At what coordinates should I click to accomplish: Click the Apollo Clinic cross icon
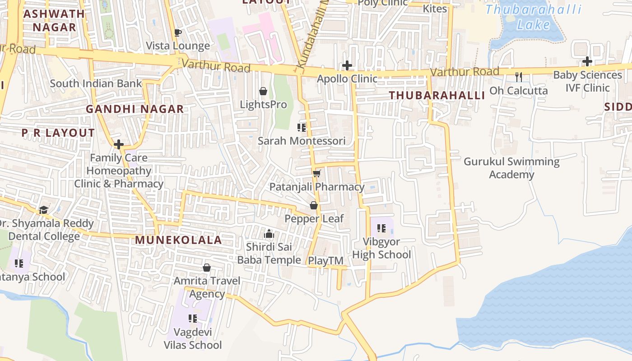[x=347, y=65]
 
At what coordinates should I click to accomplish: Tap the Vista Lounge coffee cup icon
[x=177, y=32]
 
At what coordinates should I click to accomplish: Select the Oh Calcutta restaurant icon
[x=519, y=77]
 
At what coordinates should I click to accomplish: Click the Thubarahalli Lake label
[x=533, y=17]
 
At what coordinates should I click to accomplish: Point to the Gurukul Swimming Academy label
[x=511, y=168]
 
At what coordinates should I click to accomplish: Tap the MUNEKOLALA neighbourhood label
[x=178, y=240]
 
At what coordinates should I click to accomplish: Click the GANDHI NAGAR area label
[x=135, y=109]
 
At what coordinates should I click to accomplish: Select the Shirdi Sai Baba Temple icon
[x=269, y=233]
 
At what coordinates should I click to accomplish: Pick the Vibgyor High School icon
[x=381, y=228]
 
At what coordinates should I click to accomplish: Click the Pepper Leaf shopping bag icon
[x=314, y=206]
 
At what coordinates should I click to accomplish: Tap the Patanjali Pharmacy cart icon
[x=316, y=173]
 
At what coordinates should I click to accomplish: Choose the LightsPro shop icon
[x=263, y=92]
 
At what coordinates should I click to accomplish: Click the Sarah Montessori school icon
[x=302, y=128]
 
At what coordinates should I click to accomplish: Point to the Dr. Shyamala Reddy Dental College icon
[x=43, y=210]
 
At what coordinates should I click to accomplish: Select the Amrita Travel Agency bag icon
[x=207, y=268]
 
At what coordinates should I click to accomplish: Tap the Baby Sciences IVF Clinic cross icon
[x=587, y=61]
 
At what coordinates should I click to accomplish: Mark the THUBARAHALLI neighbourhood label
[x=437, y=95]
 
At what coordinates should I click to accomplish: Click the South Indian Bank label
[x=96, y=83]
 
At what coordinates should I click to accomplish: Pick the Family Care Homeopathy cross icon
[x=119, y=144]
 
